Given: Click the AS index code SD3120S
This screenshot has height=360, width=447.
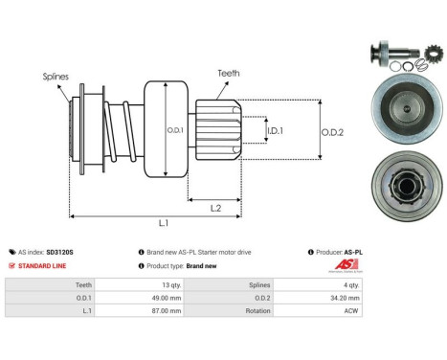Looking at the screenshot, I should pos(59,252).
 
